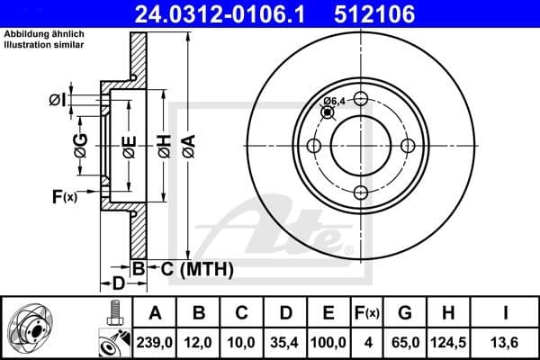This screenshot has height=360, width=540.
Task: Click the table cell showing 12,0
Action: [199, 343]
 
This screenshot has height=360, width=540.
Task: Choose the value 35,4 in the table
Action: [285, 343]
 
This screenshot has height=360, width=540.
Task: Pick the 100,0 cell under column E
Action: [328, 343]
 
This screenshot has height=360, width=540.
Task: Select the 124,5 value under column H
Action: [449, 343]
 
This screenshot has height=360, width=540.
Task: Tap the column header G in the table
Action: [406, 313]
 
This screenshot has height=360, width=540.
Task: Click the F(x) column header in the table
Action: [367, 313]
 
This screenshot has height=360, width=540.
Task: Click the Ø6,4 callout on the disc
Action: [334, 101]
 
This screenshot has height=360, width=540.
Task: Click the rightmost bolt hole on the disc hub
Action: [407, 146]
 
